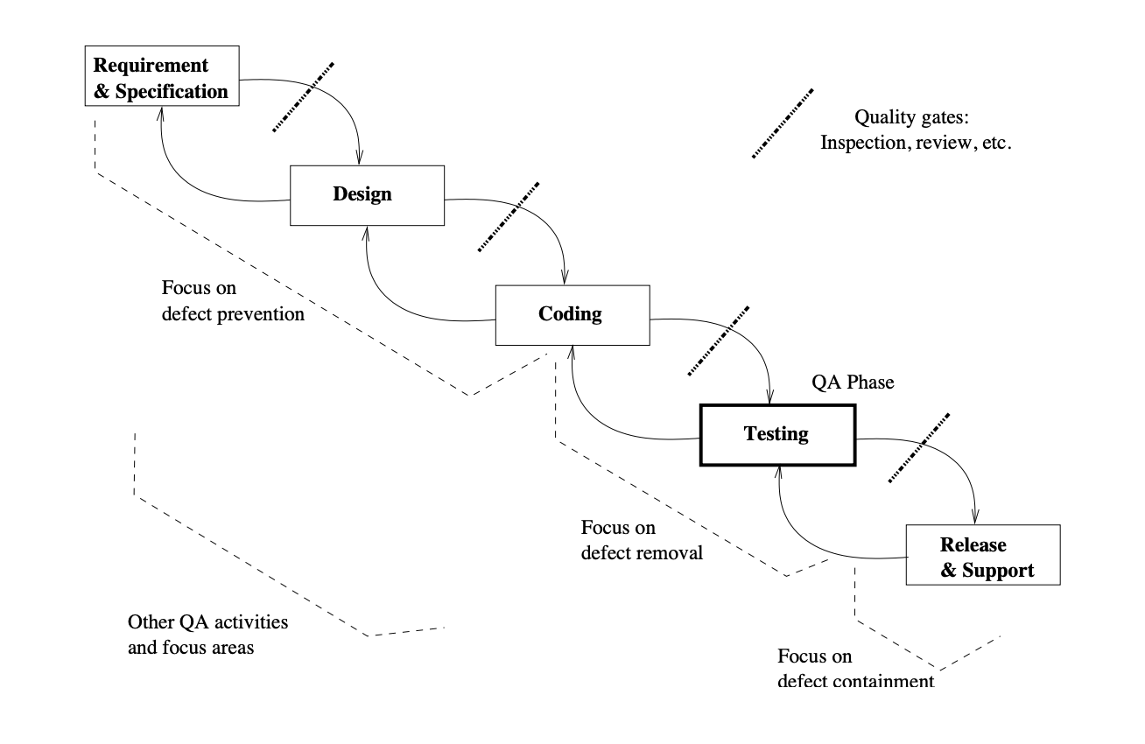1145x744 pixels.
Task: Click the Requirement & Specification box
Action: (x=162, y=79)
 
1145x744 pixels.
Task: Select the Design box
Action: (x=367, y=195)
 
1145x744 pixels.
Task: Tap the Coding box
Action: (x=572, y=314)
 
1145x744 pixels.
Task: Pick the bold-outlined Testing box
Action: (x=776, y=433)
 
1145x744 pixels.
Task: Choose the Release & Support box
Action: (x=982, y=558)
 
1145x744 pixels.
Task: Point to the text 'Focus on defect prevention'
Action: (x=233, y=300)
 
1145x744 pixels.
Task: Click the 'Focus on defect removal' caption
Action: (x=642, y=540)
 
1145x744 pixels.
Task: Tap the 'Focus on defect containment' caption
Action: (x=855, y=668)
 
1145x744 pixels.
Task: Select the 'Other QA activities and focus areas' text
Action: (x=207, y=635)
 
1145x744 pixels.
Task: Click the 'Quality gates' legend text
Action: (x=916, y=130)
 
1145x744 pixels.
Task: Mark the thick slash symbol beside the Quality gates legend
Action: (x=784, y=123)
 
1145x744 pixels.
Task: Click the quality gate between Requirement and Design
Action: (x=303, y=97)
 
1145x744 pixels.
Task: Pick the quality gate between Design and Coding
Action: (x=509, y=216)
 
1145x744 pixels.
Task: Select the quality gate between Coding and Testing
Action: (x=719, y=340)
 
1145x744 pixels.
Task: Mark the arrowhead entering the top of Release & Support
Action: (x=977, y=518)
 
